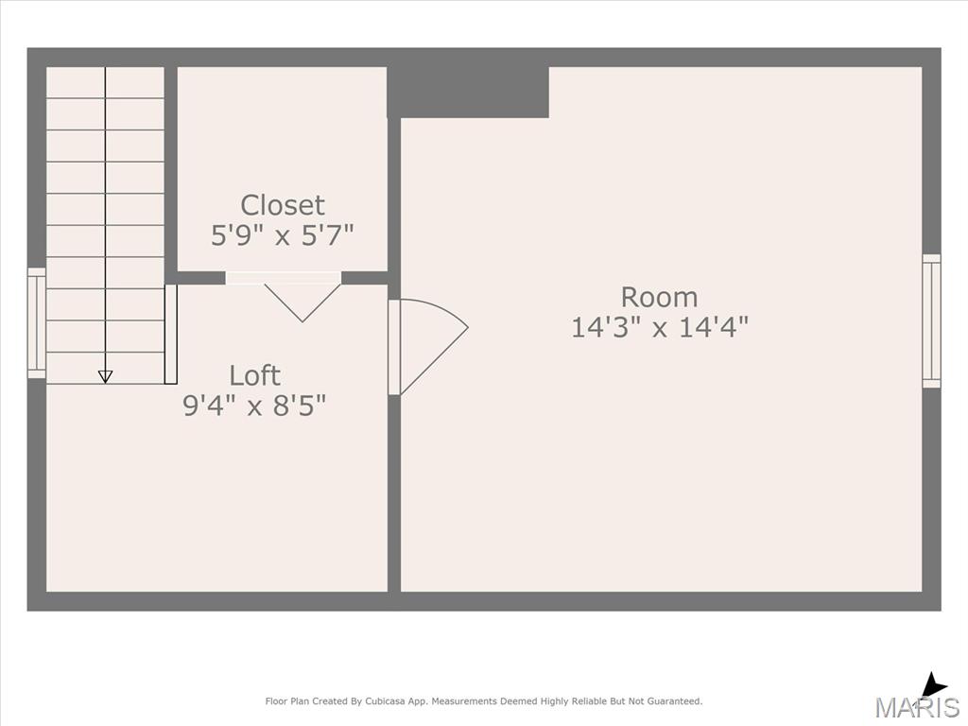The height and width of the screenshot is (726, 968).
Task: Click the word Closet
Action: pos(282,205)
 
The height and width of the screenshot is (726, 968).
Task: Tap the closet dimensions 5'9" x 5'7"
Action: pos(282,235)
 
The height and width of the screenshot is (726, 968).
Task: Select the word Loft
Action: pos(254,375)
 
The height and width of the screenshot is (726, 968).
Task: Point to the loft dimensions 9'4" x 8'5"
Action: pos(254,406)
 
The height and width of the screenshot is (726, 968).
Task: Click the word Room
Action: pos(659,297)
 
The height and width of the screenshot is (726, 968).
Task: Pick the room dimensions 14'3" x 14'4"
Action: pos(659,327)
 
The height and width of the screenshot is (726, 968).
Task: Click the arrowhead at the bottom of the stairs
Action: pos(106,376)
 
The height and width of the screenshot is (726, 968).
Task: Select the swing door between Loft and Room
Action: pos(428,346)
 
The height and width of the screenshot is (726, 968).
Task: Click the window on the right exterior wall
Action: pos(931,321)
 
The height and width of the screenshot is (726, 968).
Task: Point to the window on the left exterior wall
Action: pos(37,323)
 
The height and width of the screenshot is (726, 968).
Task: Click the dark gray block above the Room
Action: pos(468,92)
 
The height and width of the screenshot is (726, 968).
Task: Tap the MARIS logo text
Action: pos(917,707)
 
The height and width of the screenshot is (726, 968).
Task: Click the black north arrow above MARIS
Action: pos(933,686)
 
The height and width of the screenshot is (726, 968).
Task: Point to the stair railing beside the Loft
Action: pos(171,334)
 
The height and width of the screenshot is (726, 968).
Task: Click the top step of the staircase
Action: pos(105,82)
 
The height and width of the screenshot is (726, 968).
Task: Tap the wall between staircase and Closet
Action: pos(171,175)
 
